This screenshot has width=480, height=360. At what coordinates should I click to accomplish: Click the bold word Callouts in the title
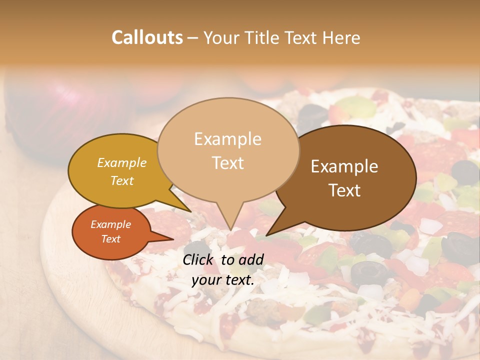pos(147,37)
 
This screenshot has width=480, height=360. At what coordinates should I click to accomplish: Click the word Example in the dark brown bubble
pos(344,166)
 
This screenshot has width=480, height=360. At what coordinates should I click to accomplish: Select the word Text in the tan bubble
pos(228,163)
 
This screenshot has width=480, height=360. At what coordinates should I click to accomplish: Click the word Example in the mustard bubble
pos(122,162)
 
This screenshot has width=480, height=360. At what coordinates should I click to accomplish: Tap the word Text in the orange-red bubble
pos(111,239)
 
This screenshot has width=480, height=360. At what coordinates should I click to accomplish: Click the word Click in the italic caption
pos(199,259)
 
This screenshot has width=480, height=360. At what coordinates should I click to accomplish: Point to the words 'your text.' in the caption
pos(223,280)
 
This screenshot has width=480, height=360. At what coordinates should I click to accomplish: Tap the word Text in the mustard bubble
pos(122,180)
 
